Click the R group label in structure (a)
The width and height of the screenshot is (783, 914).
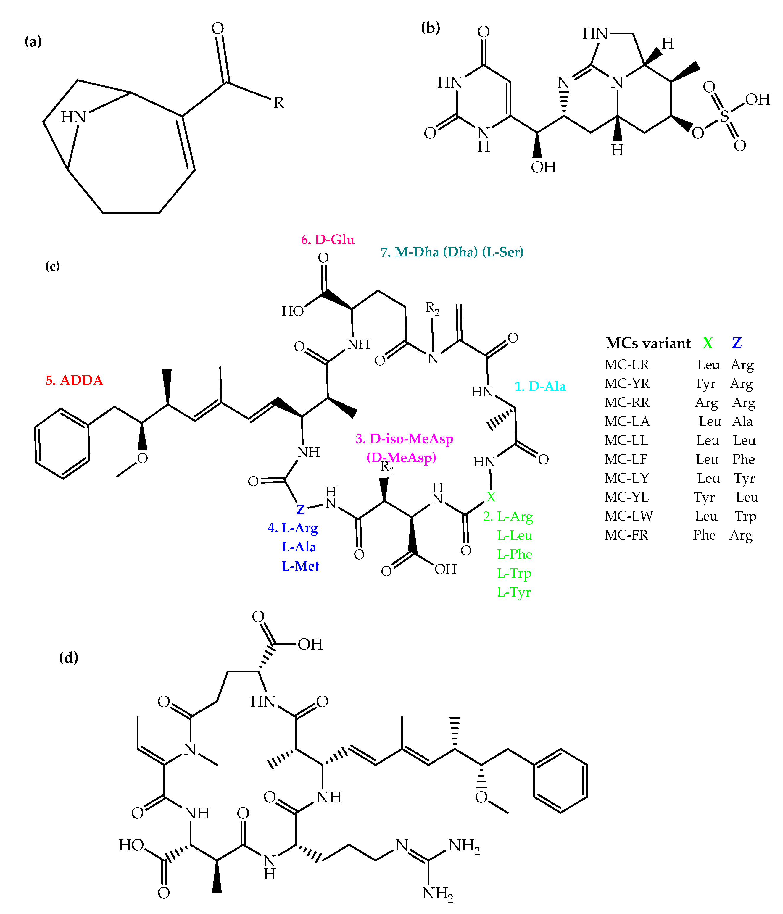pyautogui.click(x=278, y=103)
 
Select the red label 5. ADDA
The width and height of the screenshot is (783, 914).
pyautogui.click(x=74, y=380)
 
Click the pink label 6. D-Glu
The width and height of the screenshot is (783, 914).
pyautogui.click(x=328, y=240)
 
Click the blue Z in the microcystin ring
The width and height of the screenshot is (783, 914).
pyautogui.click(x=301, y=509)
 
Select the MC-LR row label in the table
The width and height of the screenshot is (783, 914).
pyautogui.click(x=627, y=365)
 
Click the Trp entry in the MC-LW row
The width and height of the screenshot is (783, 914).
pyautogui.click(x=745, y=516)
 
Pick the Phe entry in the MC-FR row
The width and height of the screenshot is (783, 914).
pyautogui.click(x=704, y=535)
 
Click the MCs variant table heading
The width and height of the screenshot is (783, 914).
pyautogui.click(x=648, y=343)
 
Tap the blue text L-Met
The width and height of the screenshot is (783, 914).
pyautogui.click(x=300, y=566)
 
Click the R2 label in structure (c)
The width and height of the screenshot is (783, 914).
pyautogui.click(x=432, y=308)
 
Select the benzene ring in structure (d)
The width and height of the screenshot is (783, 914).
pyautogui.click(x=560, y=781)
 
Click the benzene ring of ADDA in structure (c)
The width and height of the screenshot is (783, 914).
pyautogui.click(x=62, y=444)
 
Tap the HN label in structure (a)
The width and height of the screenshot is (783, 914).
pyautogui.click(x=73, y=117)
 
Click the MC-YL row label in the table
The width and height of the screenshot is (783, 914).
pyautogui.click(x=626, y=497)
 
